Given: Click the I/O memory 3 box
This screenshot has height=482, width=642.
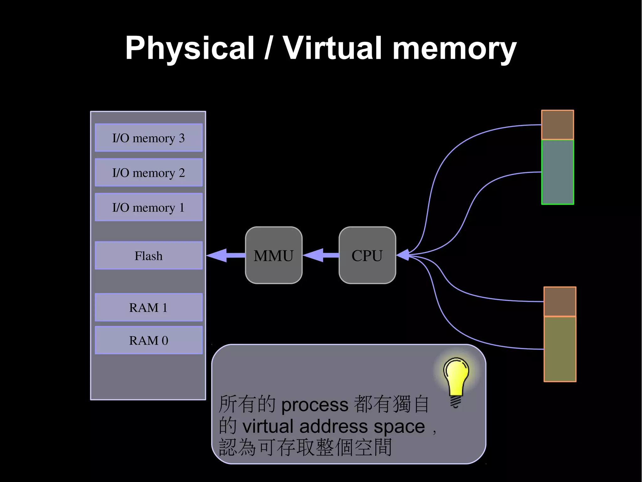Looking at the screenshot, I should [149, 138].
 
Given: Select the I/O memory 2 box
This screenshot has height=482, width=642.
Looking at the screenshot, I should [149, 172].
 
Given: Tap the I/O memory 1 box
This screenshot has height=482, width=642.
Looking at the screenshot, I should [149, 207].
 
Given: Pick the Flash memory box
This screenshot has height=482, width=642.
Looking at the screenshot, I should [149, 256].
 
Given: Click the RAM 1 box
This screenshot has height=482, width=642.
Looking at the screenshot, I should [149, 307].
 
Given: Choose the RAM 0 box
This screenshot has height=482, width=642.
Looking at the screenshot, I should [149, 340].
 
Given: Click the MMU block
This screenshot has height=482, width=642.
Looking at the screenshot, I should [274, 255].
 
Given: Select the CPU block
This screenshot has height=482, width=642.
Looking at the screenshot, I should [367, 255].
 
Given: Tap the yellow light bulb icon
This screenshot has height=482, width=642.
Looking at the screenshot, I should [456, 378].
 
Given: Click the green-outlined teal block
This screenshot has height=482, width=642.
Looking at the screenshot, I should [558, 172].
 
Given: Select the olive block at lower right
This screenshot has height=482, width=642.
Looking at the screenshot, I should [560, 349].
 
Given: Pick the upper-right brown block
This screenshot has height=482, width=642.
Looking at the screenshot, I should [558, 125].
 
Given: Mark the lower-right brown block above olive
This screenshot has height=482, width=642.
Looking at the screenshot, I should [560, 301].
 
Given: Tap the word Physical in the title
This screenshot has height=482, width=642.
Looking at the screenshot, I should [190, 49].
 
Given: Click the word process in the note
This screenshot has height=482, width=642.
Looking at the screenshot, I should [315, 405].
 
